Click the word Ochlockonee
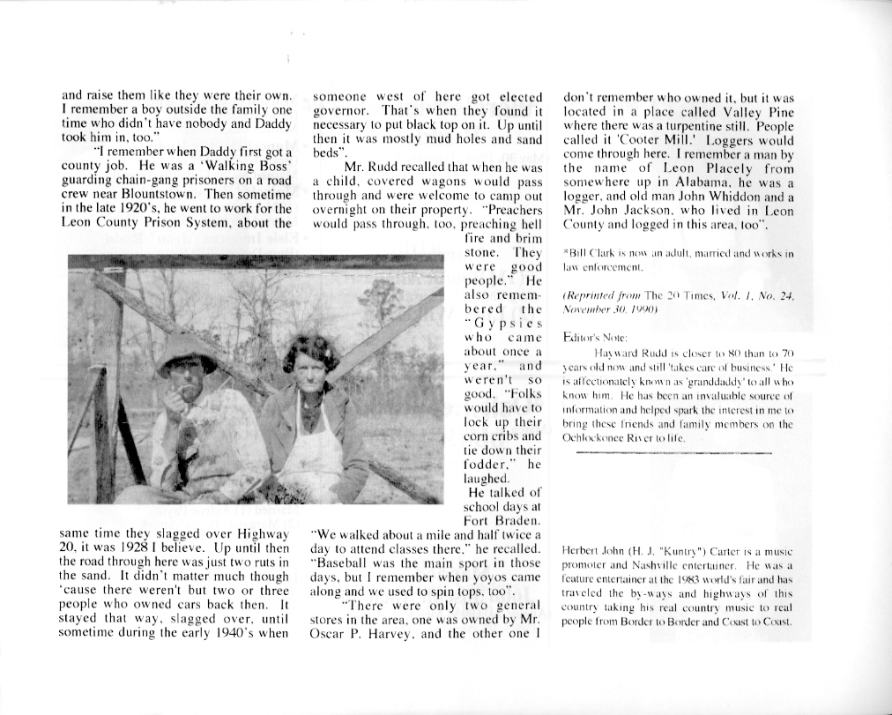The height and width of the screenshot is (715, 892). [598, 437]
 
